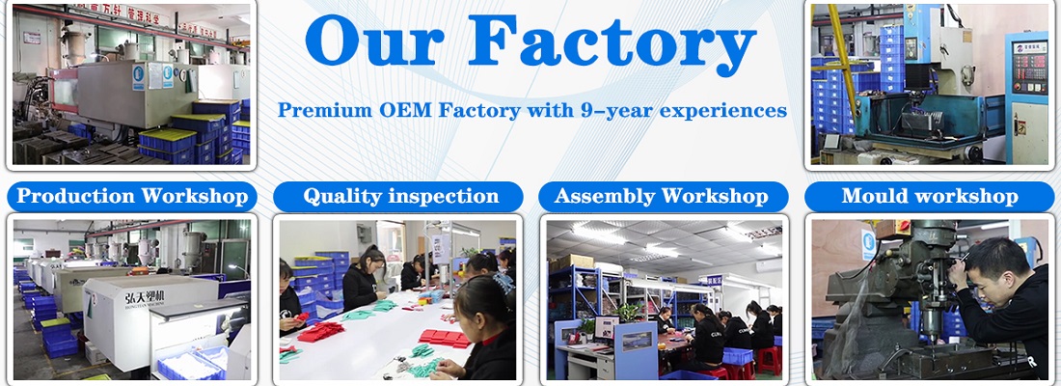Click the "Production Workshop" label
point(132,197)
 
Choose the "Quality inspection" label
point(400,197)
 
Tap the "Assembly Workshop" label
point(661,197)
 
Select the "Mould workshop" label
point(929,197)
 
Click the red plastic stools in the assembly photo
point(767,359)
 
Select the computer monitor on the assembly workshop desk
point(607,326)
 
